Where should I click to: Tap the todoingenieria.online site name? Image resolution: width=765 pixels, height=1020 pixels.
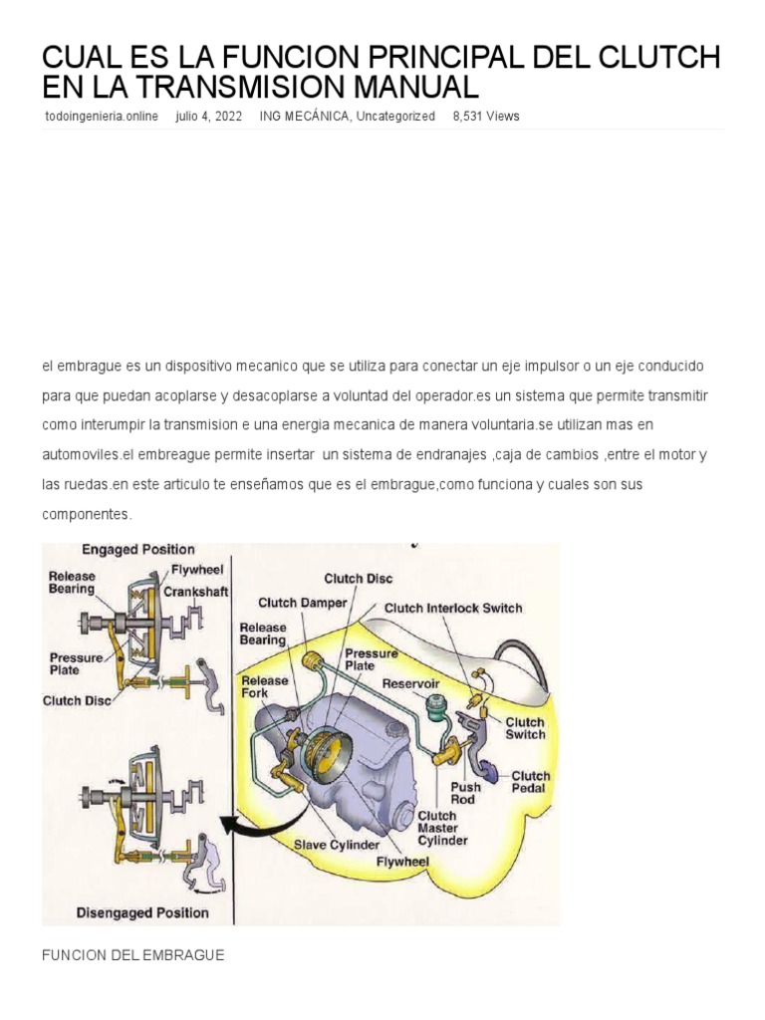coord(102,117)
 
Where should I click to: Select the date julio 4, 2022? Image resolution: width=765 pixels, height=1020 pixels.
coord(208,117)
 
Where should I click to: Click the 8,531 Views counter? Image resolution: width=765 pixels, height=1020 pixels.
coord(486,117)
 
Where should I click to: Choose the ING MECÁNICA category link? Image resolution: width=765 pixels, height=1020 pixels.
coord(304,117)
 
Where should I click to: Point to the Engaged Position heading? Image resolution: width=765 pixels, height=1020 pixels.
coord(137,549)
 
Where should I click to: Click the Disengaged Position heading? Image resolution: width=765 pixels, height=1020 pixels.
coord(142,912)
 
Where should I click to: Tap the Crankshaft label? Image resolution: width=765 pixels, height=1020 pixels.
coord(196,591)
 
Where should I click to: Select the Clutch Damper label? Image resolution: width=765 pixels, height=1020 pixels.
coord(303,603)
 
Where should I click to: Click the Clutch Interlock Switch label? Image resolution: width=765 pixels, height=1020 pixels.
coord(453,608)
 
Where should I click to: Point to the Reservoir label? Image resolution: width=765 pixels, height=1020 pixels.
coord(411,684)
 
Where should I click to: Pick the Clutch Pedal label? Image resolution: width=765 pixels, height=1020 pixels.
coord(530,783)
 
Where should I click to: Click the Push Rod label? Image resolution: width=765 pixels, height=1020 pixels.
coord(464,793)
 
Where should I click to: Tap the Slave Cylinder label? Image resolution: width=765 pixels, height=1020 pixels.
coord(336,845)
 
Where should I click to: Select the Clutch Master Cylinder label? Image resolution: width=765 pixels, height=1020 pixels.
coord(442,828)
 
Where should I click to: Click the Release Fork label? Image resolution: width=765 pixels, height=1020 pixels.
coord(264,686)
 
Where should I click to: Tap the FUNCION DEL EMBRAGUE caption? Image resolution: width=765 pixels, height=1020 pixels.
coord(132,955)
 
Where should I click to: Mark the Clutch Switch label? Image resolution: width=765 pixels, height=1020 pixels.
coord(524,728)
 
